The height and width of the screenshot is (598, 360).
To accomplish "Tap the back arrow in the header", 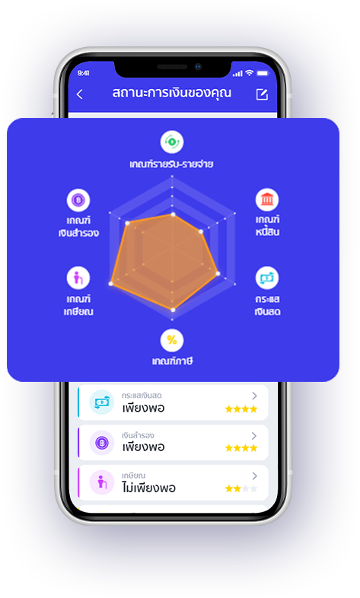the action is [79, 94].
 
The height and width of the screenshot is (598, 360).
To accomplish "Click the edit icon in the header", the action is [262, 94].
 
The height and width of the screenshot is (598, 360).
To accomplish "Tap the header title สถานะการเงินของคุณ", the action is [171, 93].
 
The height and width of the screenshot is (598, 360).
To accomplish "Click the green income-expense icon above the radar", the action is [172, 142].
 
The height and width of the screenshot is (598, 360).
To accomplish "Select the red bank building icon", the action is [267, 199].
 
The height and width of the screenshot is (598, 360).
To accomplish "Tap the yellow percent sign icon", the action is [172, 340].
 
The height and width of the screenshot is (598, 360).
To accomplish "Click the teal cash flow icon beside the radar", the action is [267, 278].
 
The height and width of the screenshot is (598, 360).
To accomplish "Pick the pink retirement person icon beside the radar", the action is [78, 278].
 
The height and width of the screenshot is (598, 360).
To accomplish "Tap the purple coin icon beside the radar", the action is [78, 200].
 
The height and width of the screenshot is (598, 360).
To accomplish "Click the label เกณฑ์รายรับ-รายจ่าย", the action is [171, 164].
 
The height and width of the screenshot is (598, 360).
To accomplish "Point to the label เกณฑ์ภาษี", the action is [172, 361].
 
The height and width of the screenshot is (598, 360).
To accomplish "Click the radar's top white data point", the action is [173, 215].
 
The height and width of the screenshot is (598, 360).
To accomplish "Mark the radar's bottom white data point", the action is [173, 310].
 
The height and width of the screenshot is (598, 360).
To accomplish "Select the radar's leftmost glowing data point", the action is [111, 284].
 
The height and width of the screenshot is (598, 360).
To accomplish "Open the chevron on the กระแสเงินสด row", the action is [254, 396].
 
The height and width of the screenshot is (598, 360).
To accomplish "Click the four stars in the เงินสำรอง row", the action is [241, 448].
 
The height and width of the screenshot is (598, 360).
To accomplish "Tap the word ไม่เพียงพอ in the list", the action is [148, 488].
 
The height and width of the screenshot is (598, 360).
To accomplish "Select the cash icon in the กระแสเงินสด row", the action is [102, 402].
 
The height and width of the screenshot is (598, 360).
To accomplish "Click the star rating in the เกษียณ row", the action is [241, 488].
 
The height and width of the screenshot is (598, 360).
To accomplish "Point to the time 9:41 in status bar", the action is [84, 73].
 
